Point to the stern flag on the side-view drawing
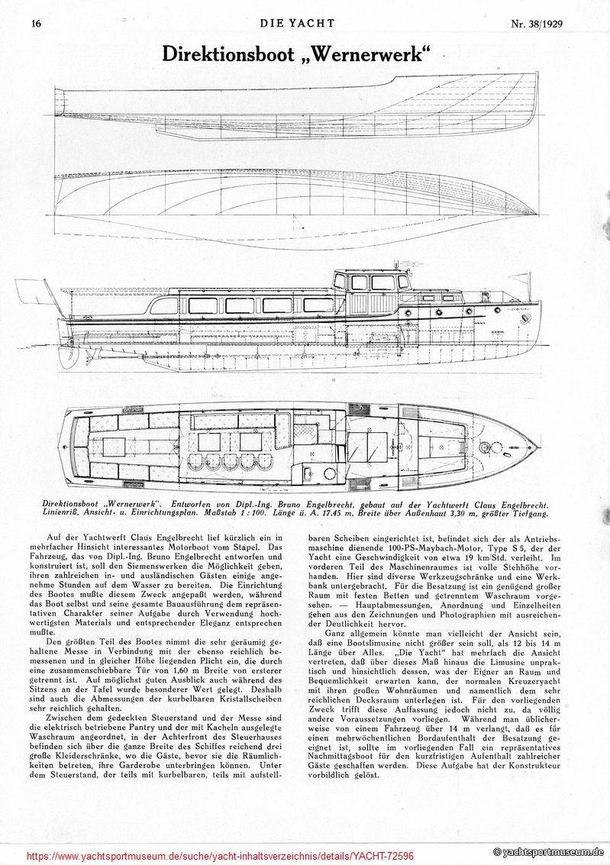pos(31,290)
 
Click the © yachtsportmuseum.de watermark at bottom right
pos(548,852)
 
